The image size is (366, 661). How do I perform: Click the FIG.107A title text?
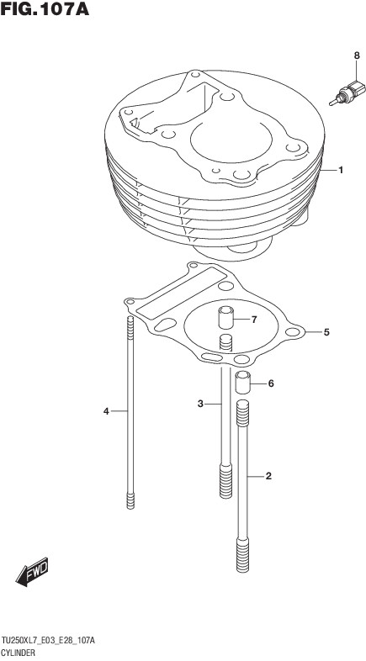click(45, 8)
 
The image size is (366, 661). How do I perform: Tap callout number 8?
click(357, 56)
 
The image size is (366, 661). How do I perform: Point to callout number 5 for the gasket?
click(326, 333)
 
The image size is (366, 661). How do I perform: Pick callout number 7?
click(254, 320)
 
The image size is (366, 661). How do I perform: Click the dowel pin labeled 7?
click(225, 319)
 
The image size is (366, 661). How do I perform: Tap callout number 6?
click(271, 383)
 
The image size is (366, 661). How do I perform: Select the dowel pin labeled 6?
click(242, 383)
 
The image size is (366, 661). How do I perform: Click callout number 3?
click(201, 404)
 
